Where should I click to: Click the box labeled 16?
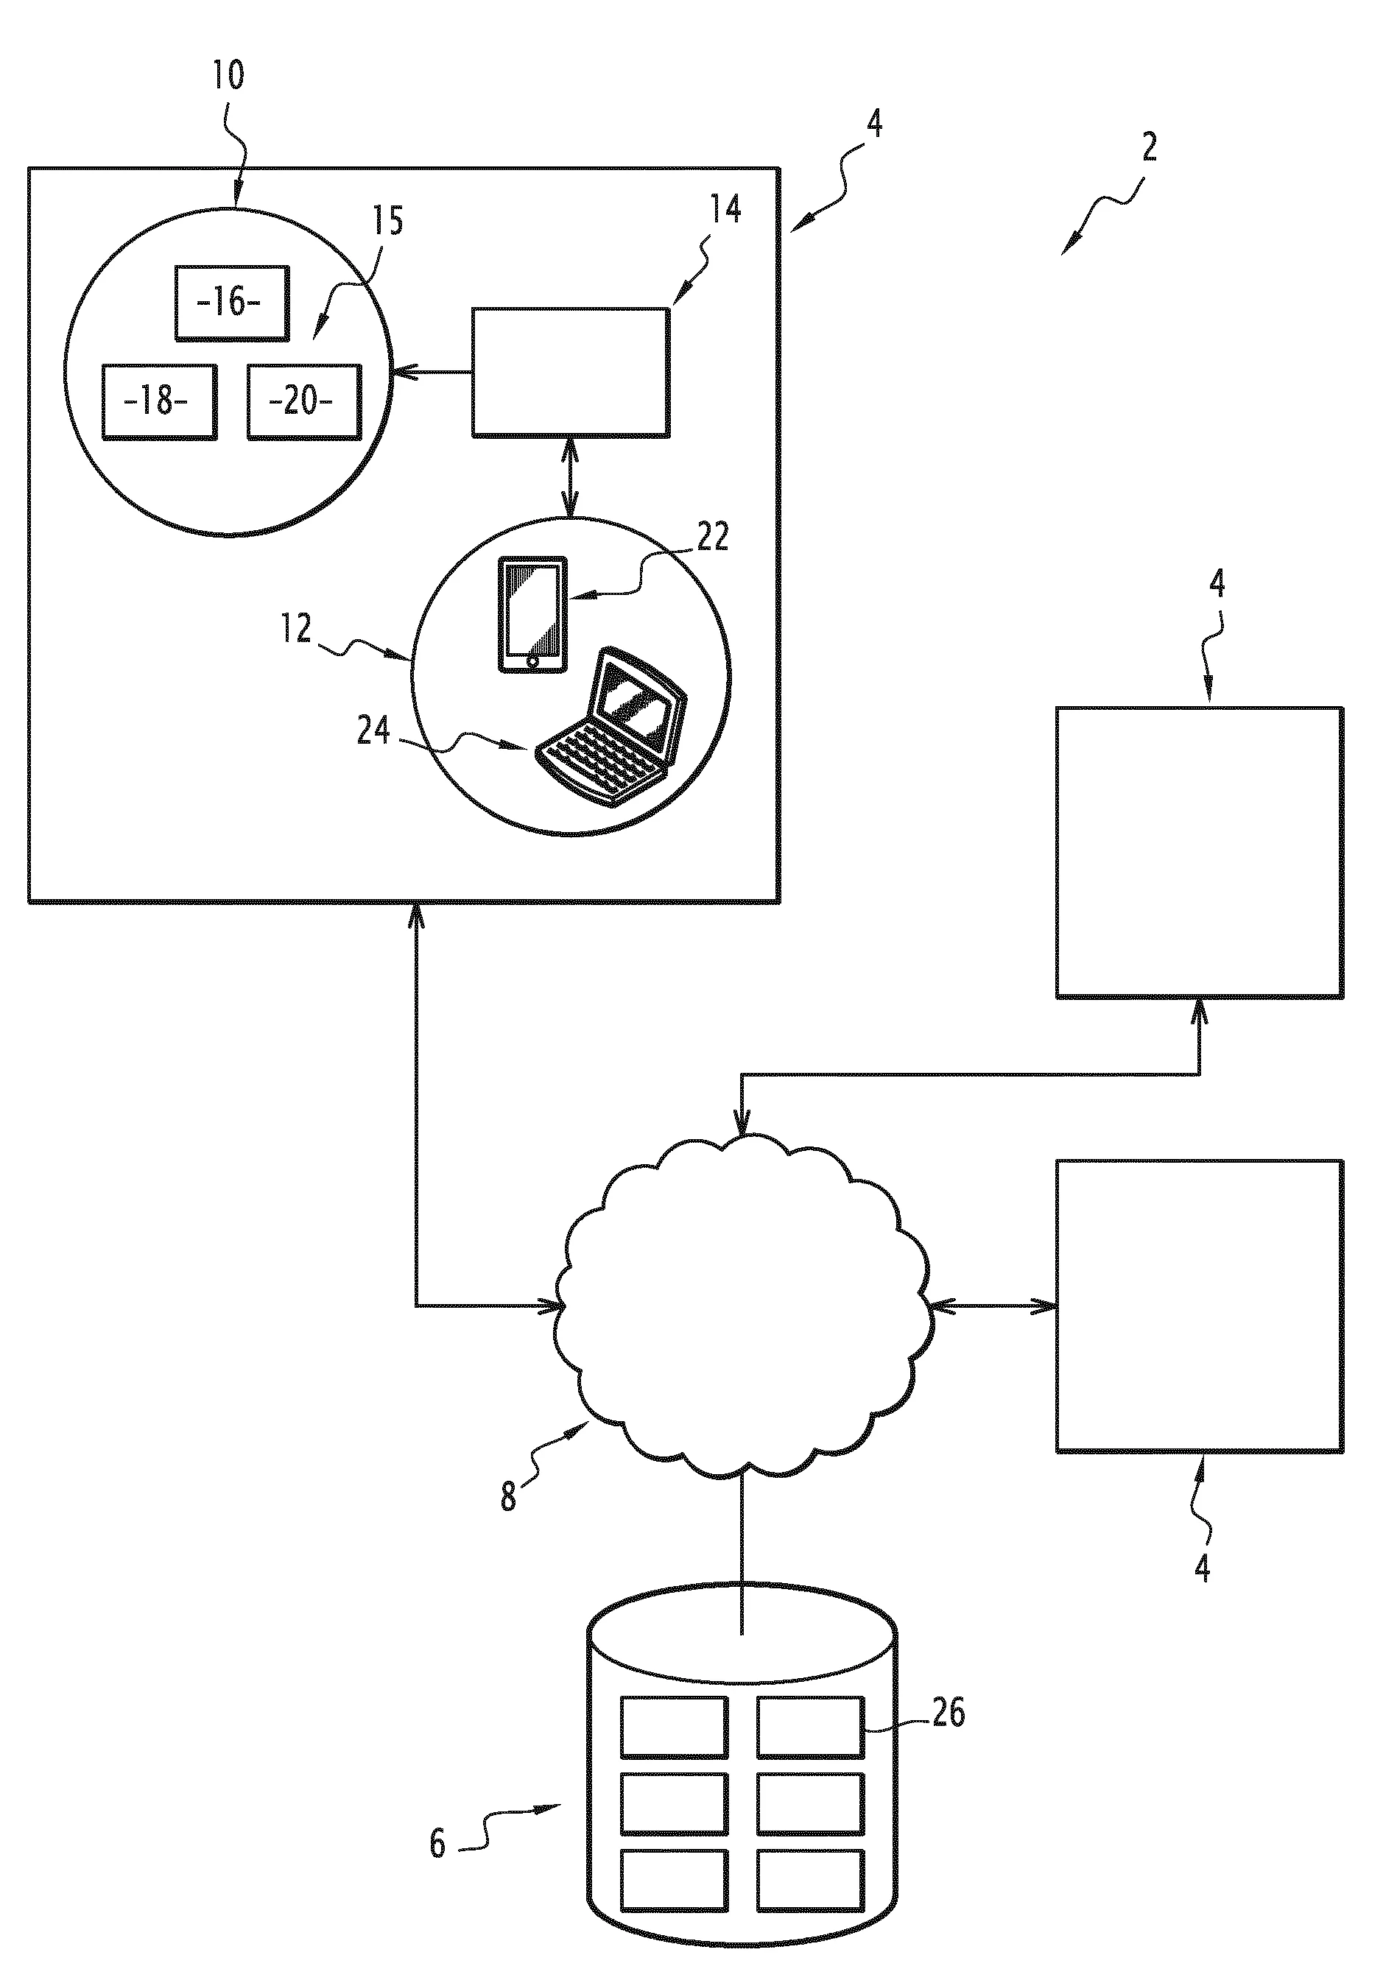(x=231, y=303)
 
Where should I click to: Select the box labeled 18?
(x=159, y=403)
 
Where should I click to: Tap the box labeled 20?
(x=303, y=403)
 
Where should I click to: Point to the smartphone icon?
(x=532, y=613)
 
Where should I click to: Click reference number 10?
(x=229, y=76)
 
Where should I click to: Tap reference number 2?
(x=1150, y=148)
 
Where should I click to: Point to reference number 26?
(x=948, y=1713)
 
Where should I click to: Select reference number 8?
(x=508, y=1498)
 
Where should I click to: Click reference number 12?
(x=295, y=629)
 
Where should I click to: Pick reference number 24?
(x=373, y=731)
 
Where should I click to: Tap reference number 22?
(x=712, y=537)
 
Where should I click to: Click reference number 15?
(x=387, y=222)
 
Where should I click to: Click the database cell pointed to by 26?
(x=810, y=1727)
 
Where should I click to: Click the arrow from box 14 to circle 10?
(x=432, y=373)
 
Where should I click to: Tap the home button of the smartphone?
(x=532, y=661)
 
